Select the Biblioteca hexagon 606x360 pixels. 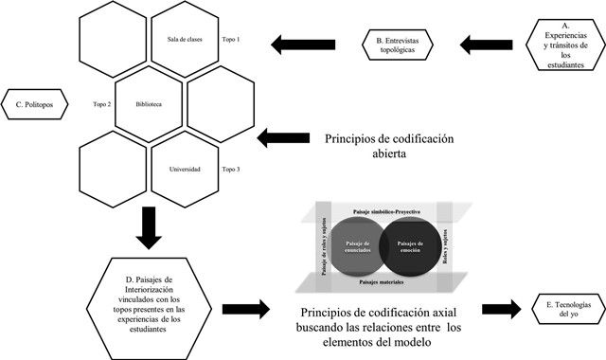point(150,104)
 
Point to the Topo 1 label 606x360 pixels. point(232,40)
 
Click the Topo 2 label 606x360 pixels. point(102,104)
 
